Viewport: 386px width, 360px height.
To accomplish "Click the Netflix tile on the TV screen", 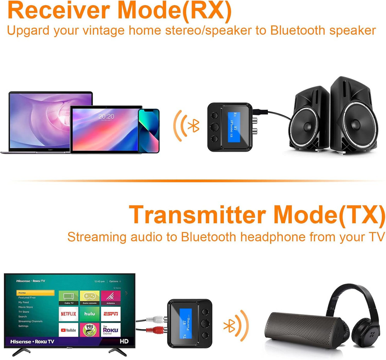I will pos(68,314).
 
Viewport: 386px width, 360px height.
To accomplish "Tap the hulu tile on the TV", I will pos(90,314).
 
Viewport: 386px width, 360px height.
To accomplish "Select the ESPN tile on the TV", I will pos(110,314).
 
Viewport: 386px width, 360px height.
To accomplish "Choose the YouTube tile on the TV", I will pos(68,330).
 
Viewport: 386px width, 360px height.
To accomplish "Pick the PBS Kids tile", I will pos(90,330).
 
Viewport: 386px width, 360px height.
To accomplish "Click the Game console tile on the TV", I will pos(90,296).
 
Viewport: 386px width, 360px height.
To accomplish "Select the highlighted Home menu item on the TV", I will pos(35,293).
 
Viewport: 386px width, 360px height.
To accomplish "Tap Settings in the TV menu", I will pos(24,326).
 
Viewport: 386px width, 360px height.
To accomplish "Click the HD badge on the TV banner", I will pos(124,341).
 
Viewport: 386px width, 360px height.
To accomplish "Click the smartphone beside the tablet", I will pos(149,130).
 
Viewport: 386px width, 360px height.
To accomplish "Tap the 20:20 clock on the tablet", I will pos(106,116).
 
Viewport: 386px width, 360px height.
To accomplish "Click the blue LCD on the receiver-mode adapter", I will pos(233,127).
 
